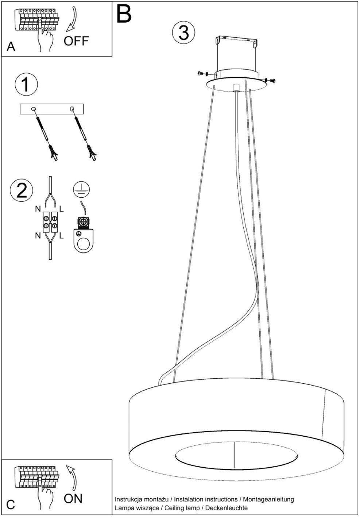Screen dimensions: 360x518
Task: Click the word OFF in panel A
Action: (76, 41)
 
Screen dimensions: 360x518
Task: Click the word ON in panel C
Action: (73, 499)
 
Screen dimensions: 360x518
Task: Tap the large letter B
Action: (124, 14)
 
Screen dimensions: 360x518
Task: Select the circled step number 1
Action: (26, 84)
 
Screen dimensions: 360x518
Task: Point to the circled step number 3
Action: (184, 33)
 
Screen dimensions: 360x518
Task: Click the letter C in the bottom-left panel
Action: (11, 505)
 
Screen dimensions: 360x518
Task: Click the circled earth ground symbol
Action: (81, 190)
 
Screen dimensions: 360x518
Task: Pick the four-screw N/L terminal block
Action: (50, 222)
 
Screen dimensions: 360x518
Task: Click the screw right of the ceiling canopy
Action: (271, 80)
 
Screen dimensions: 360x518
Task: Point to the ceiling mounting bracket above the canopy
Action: (236, 41)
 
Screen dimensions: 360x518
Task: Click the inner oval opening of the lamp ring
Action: (236, 456)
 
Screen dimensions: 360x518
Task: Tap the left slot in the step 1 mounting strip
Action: (33, 108)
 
